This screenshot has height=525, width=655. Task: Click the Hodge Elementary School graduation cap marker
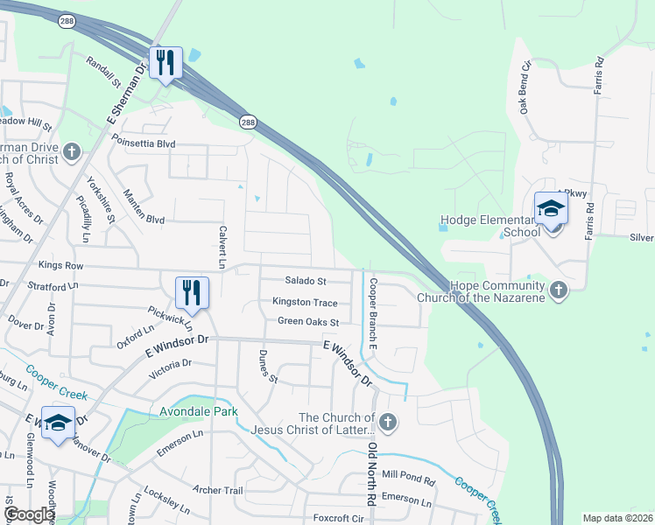pos(551,208)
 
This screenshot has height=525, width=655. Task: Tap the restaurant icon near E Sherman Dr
pos(165,62)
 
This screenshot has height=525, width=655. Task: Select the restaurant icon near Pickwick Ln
pos(192,292)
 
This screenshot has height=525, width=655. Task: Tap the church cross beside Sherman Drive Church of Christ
pos(72,152)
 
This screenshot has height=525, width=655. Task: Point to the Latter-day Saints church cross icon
pos(388,423)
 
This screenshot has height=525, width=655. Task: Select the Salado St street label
pos(306,281)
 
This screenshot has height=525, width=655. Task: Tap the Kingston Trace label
pos(305,302)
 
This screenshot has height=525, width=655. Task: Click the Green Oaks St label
pos(307,321)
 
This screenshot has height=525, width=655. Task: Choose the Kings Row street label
pos(60,265)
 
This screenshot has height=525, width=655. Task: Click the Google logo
pos(29,515)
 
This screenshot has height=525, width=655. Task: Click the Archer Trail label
pos(222,490)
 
